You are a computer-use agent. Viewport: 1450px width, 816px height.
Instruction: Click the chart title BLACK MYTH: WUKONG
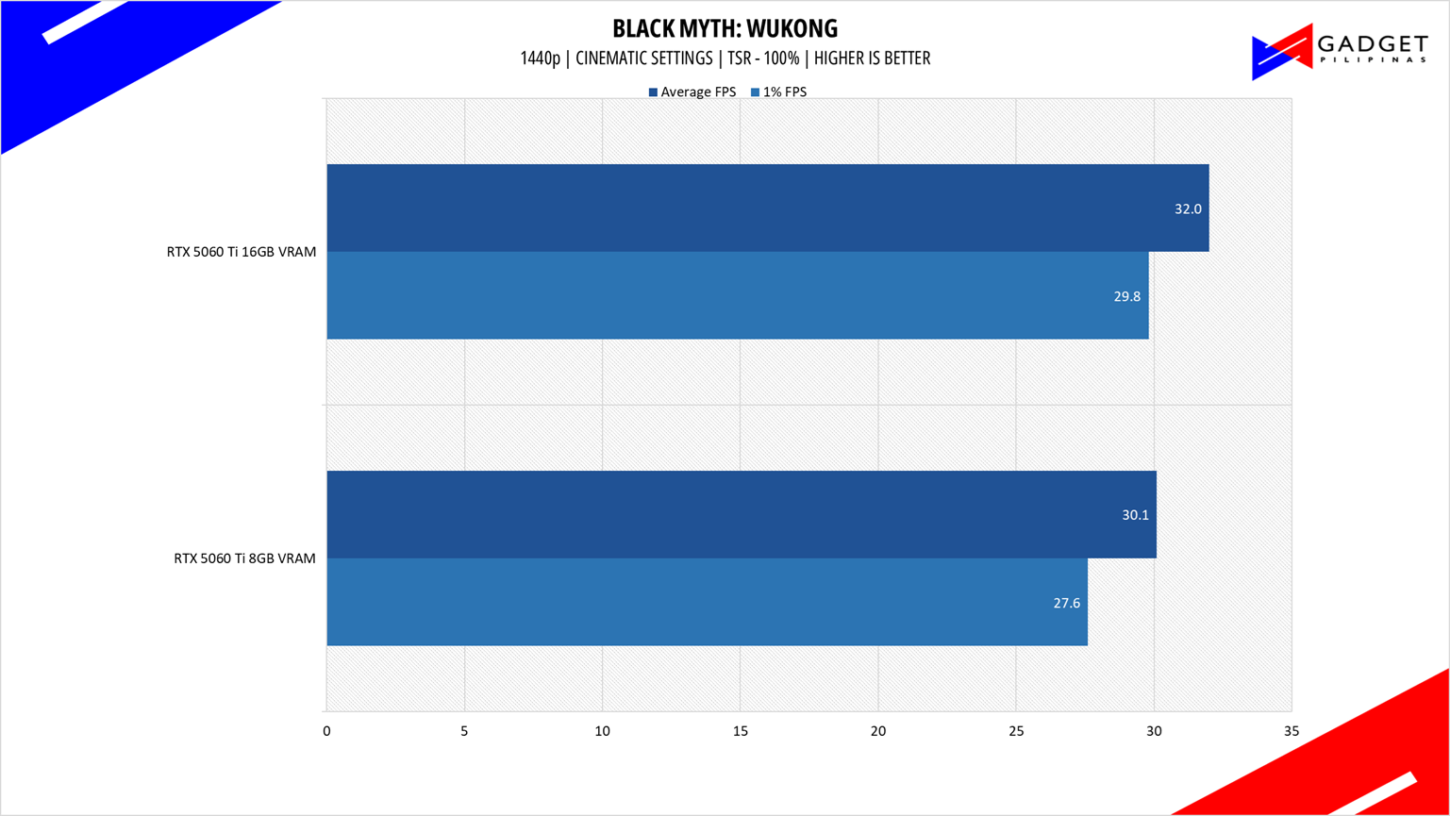(x=725, y=28)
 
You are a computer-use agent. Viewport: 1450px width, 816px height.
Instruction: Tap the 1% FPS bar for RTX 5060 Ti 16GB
(x=737, y=295)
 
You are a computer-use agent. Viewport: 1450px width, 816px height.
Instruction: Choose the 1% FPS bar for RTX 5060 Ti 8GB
(x=707, y=602)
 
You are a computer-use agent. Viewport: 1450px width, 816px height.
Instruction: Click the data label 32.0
(x=1188, y=209)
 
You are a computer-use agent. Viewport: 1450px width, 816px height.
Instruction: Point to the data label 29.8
(x=1126, y=296)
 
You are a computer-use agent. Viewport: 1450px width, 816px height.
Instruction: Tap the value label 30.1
(x=1135, y=516)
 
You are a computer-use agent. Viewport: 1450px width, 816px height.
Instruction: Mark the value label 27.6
(x=1066, y=603)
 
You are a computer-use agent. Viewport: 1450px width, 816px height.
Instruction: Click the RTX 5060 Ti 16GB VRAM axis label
(x=242, y=252)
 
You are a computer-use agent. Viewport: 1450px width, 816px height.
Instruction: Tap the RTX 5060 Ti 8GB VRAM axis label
(x=244, y=558)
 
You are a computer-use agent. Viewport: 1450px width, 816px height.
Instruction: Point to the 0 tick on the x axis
(x=326, y=731)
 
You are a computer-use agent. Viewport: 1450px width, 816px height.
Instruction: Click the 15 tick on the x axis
(x=740, y=731)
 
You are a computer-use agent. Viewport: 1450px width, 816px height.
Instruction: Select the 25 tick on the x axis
(x=1015, y=731)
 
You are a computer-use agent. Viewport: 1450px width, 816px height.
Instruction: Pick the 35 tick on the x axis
(x=1291, y=731)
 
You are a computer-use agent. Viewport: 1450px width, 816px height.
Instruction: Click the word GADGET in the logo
(x=1372, y=45)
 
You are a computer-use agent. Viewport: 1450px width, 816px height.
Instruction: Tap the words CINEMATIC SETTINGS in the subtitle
(x=643, y=58)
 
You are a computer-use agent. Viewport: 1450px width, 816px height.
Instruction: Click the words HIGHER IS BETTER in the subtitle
(x=872, y=58)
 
